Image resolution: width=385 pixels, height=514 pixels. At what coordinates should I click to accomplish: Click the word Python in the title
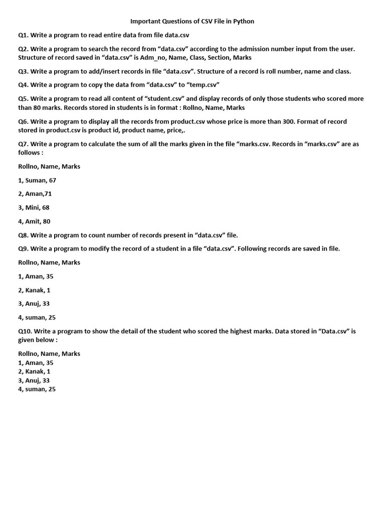point(244,22)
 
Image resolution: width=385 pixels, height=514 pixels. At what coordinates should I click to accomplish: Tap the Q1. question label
point(24,35)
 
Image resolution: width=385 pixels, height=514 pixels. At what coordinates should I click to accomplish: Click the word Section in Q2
point(219,58)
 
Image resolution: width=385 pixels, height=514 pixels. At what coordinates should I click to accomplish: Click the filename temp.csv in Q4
point(204,85)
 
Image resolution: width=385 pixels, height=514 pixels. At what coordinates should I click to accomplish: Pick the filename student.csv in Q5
point(162,99)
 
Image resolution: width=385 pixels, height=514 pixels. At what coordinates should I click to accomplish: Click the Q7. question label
point(24,144)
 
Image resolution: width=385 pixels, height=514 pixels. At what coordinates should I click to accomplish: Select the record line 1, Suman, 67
point(37,180)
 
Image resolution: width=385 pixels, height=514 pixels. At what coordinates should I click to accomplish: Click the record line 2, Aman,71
point(35,194)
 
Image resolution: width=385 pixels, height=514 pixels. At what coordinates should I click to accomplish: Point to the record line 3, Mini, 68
point(34,207)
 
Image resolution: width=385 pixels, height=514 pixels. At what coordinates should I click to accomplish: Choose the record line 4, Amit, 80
point(34,221)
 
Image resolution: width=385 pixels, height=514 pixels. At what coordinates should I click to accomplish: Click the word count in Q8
point(98,235)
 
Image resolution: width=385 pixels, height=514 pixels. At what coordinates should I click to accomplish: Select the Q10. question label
point(25,331)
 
